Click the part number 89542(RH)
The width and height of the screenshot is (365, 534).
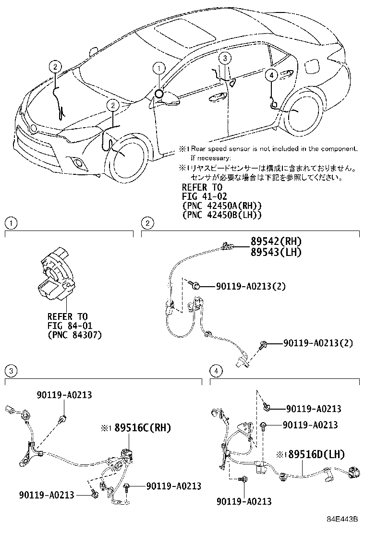point(276,241)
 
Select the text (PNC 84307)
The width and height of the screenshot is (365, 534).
point(74,334)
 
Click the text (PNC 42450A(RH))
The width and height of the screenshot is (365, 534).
point(221,206)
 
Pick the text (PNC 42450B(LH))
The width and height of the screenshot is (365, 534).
point(221,215)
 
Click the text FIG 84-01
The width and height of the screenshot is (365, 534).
point(67,326)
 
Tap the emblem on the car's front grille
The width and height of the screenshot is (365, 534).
point(32,128)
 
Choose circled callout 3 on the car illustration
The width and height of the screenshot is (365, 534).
point(226,58)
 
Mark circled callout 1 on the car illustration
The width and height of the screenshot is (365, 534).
point(158,69)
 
